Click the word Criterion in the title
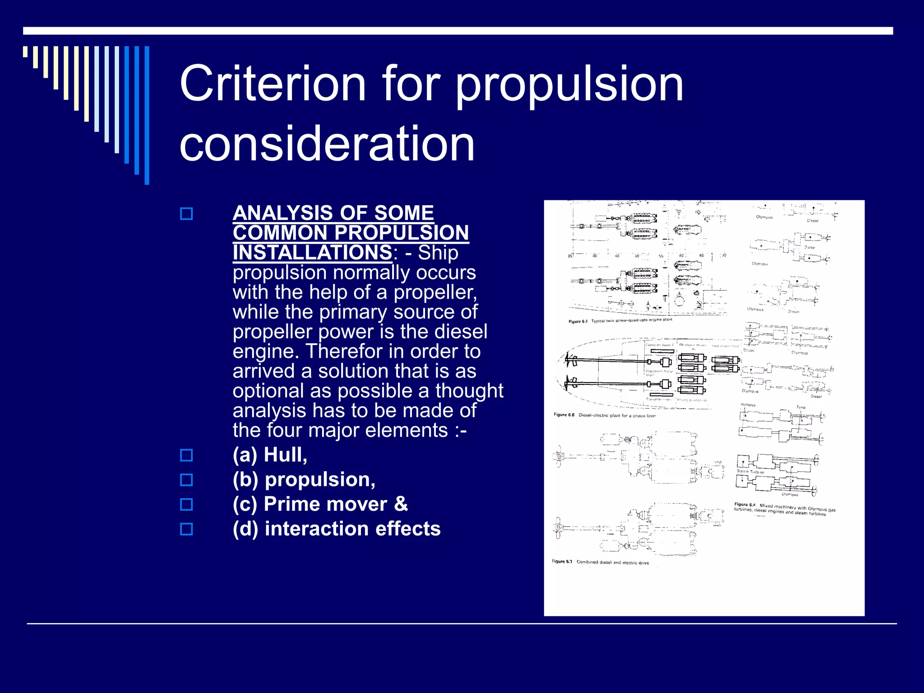[273, 84]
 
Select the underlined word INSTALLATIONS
[312, 253]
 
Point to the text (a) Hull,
[270, 455]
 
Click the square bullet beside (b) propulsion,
[186, 480]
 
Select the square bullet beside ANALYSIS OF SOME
[186, 213]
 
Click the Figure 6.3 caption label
[578, 321]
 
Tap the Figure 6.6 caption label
[564, 415]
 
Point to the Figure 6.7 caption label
[562, 561]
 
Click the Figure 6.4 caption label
[744, 504]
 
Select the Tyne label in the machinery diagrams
[801, 407]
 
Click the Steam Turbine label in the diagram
[750, 471]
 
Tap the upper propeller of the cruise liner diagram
[571, 361]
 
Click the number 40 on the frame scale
[595, 256]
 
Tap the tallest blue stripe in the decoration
[147, 115]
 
